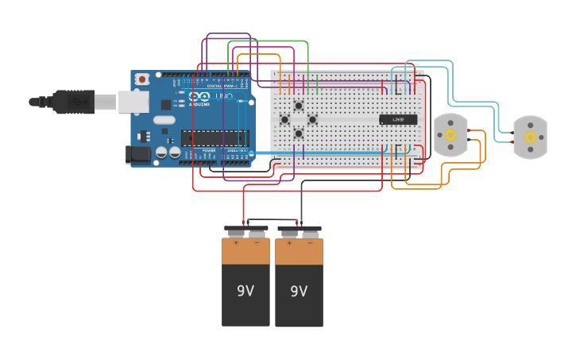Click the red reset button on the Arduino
coord(141,79)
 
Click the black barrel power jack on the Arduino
coord(139,155)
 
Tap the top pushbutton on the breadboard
coord(299,106)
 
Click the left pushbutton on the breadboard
coord(284,119)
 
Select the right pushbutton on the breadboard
coord(312,119)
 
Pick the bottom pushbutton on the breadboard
coord(299,133)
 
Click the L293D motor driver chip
coord(398,119)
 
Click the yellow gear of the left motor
coord(450,134)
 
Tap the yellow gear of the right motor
coord(530,137)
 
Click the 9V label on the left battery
coord(245,291)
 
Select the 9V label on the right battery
coord(299,292)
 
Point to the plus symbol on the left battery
coord(235,243)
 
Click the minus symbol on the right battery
coord(310,244)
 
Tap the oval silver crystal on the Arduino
coord(164,120)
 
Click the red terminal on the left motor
coord(470,131)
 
